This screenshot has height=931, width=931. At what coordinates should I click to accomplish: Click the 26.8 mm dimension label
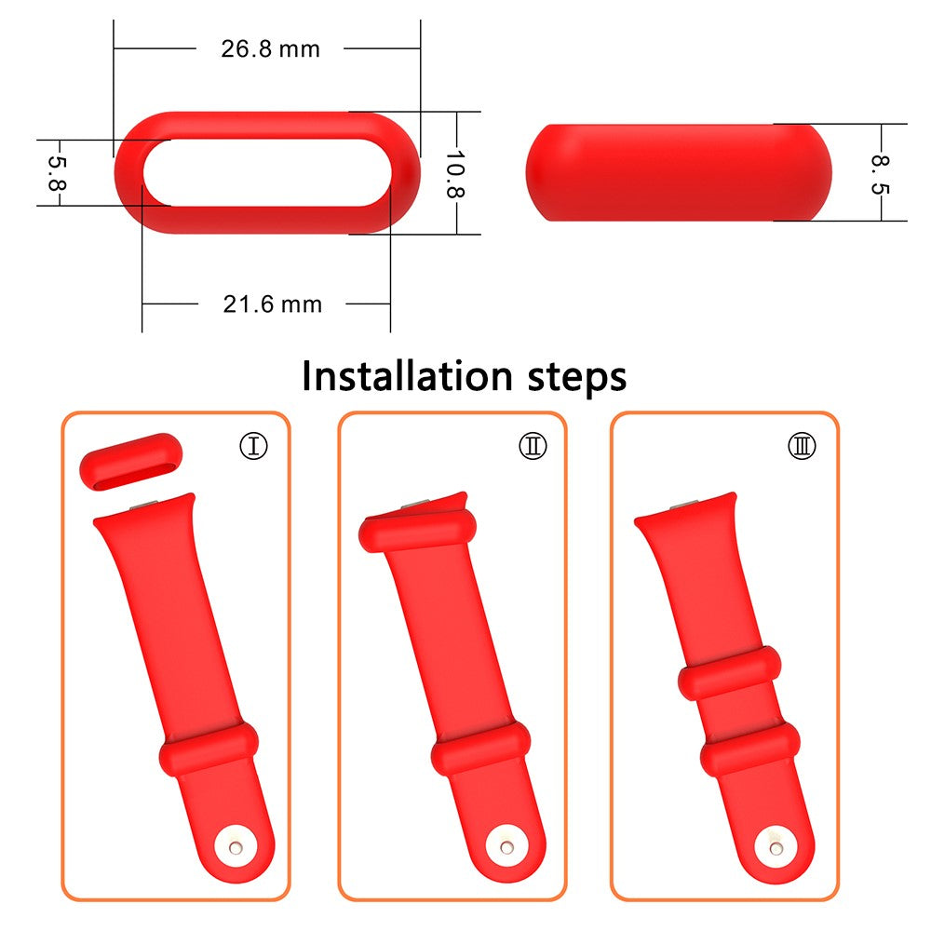(x=270, y=49)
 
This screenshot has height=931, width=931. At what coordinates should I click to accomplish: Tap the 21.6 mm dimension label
(x=272, y=304)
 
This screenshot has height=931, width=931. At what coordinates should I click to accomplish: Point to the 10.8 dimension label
(x=453, y=172)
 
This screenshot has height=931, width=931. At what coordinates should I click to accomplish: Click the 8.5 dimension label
(x=880, y=174)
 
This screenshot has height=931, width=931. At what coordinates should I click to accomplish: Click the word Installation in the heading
(x=407, y=377)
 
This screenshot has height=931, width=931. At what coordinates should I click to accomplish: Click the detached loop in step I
(x=130, y=465)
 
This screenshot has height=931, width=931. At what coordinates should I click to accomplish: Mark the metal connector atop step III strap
(x=685, y=506)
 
